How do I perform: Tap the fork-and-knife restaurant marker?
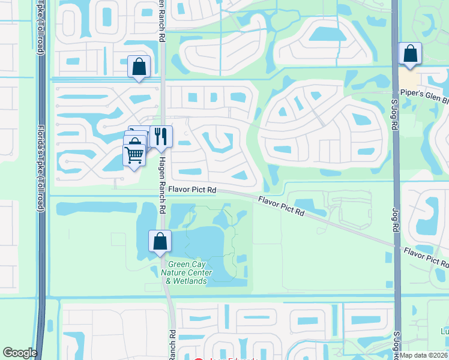coord(160,136)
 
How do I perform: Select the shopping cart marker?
coord(134,155)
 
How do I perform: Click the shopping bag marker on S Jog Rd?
coord(410,53)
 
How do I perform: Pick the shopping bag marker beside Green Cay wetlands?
coord(160,241)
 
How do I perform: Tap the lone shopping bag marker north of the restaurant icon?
coord(139,66)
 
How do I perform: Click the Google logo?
coord(20,353)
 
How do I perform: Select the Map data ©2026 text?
coord(423,355)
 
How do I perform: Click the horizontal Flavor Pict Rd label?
coord(192,190)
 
